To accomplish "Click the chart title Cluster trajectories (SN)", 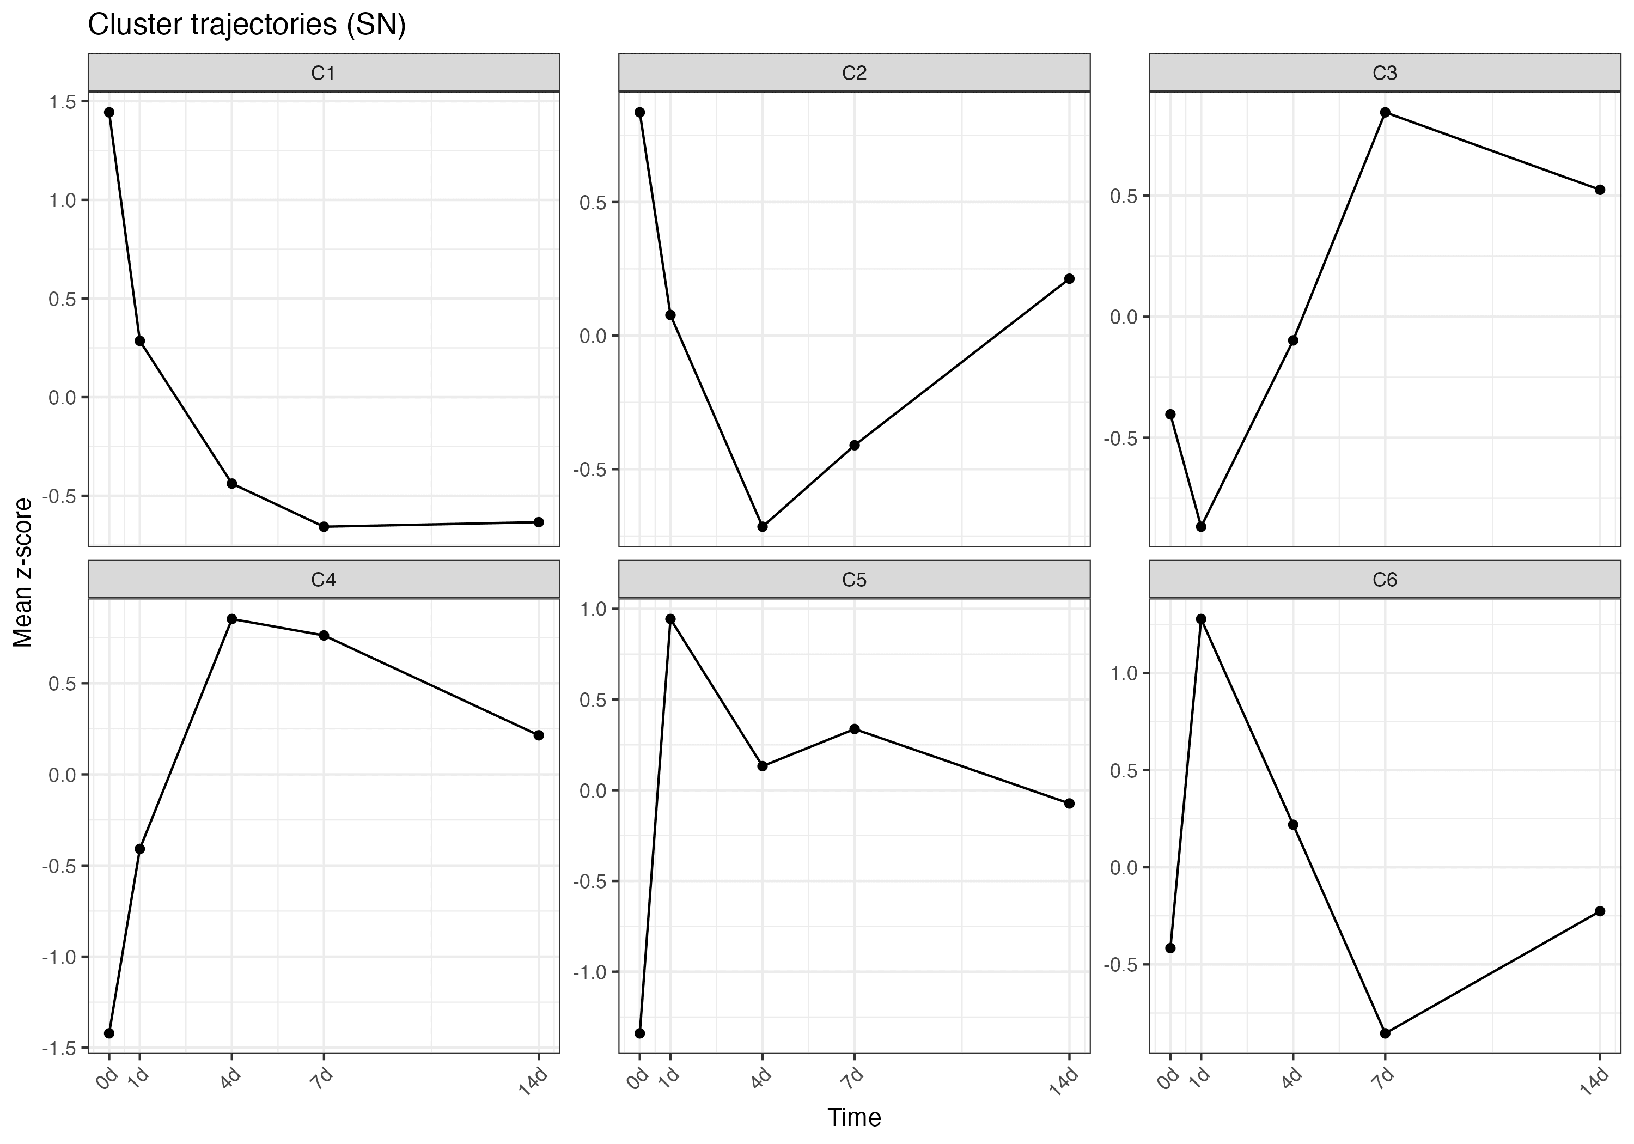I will coord(246,25).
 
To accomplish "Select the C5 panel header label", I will coord(854,580).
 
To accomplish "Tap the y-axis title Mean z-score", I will coord(23,573).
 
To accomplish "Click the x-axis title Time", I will coord(854,1118).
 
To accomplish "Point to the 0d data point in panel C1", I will coord(109,112).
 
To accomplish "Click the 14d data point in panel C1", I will coord(539,522).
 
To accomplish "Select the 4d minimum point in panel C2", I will coord(762,527).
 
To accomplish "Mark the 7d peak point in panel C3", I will coord(1385,112).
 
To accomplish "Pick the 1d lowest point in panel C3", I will coord(1202,527).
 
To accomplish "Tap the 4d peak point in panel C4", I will coord(231,619).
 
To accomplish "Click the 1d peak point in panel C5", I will coord(670,619).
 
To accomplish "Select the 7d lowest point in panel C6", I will coord(1385,1033).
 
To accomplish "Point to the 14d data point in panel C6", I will coord(1600,911).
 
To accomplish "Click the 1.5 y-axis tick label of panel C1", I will coord(62,102).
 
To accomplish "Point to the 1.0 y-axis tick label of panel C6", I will coord(1124,673).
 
